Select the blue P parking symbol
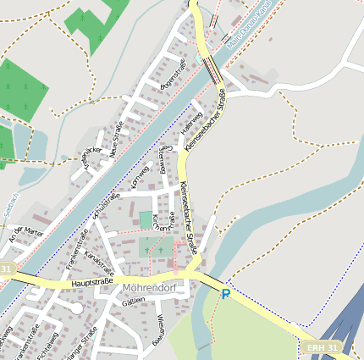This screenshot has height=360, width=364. tap(225, 294)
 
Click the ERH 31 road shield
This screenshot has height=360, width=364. tap(323, 348)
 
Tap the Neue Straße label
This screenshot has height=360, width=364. tap(116, 139)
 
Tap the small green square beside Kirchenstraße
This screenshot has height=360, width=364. tap(146, 219)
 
